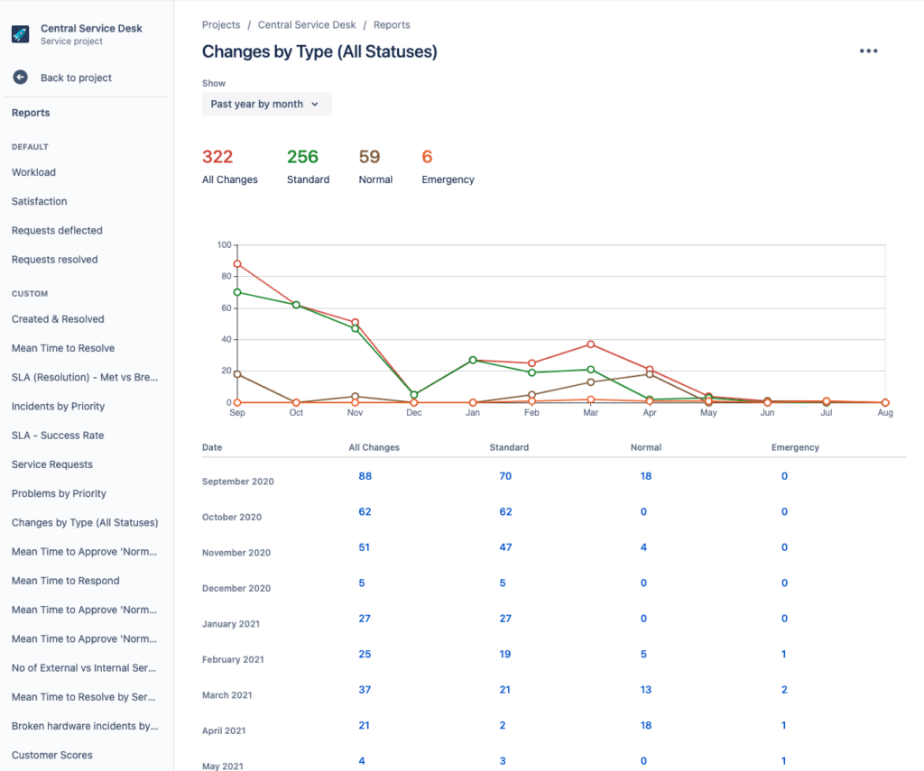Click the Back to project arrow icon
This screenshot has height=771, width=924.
point(20,78)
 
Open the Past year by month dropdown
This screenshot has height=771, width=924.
point(266,104)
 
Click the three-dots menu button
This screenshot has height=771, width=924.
point(868,51)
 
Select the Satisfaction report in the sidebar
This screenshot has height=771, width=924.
point(40,201)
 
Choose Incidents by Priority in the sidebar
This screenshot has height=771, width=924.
point(58,406)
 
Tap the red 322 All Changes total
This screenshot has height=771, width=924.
point(217,157)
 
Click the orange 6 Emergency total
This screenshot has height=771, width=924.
point(427,157)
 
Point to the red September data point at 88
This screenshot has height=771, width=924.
point(237,264)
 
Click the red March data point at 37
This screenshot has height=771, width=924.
point(591,344)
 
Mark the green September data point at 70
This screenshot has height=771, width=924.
point(237,292)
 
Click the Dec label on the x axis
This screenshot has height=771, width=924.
point(414,413)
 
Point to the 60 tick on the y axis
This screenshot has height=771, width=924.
point(226,308)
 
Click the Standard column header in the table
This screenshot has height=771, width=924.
point(509,447)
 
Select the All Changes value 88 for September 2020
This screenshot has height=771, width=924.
point(365,476)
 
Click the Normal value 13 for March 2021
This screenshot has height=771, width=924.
point(646,690)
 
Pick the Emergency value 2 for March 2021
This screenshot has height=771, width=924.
point(784,690)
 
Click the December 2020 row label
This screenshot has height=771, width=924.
point(236,588)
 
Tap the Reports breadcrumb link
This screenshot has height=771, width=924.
point(392,25)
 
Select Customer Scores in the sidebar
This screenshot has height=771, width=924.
point(52,755)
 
